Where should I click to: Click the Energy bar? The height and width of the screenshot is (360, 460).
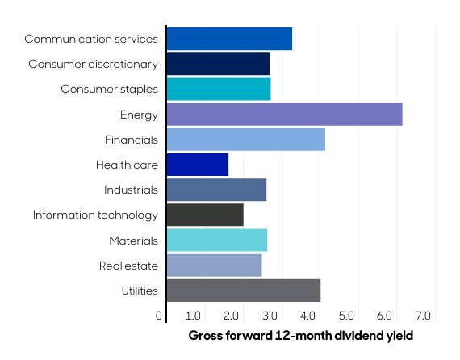click(x=284, y=115)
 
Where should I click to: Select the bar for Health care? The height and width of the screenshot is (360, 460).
click(x=198, y=165)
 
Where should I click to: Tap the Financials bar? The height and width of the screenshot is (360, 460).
click(x=245, y=140)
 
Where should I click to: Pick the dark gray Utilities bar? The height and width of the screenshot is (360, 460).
click(x=244, y=291)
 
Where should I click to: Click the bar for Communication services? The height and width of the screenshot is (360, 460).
click(x=229, y=39)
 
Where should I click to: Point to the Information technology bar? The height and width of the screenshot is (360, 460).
click(x=205, y=215)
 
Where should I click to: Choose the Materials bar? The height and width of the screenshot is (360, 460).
click(x=216, y=240)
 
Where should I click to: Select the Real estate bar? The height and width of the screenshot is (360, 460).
click(x=214, y=265)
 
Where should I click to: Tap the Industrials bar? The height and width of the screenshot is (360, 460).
click(x=216, y=190)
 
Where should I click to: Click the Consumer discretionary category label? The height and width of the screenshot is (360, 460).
click(x=94, y=64)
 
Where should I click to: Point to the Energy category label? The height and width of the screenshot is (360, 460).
click(x=140, y=115)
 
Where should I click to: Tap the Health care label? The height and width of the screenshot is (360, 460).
click(x=127, y=165)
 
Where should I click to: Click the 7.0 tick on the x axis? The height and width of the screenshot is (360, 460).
click(x=424, y=316)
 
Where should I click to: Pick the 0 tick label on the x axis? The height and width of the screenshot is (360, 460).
click(x=160, y=316)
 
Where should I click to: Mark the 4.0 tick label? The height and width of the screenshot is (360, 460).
click(x=309, y=316)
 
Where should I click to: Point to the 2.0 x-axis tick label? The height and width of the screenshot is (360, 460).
click(x=232, y=316)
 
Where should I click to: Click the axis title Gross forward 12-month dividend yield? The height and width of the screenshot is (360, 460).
click(x=301, y=335)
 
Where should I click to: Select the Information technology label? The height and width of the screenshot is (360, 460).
click(x=95, y=215)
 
